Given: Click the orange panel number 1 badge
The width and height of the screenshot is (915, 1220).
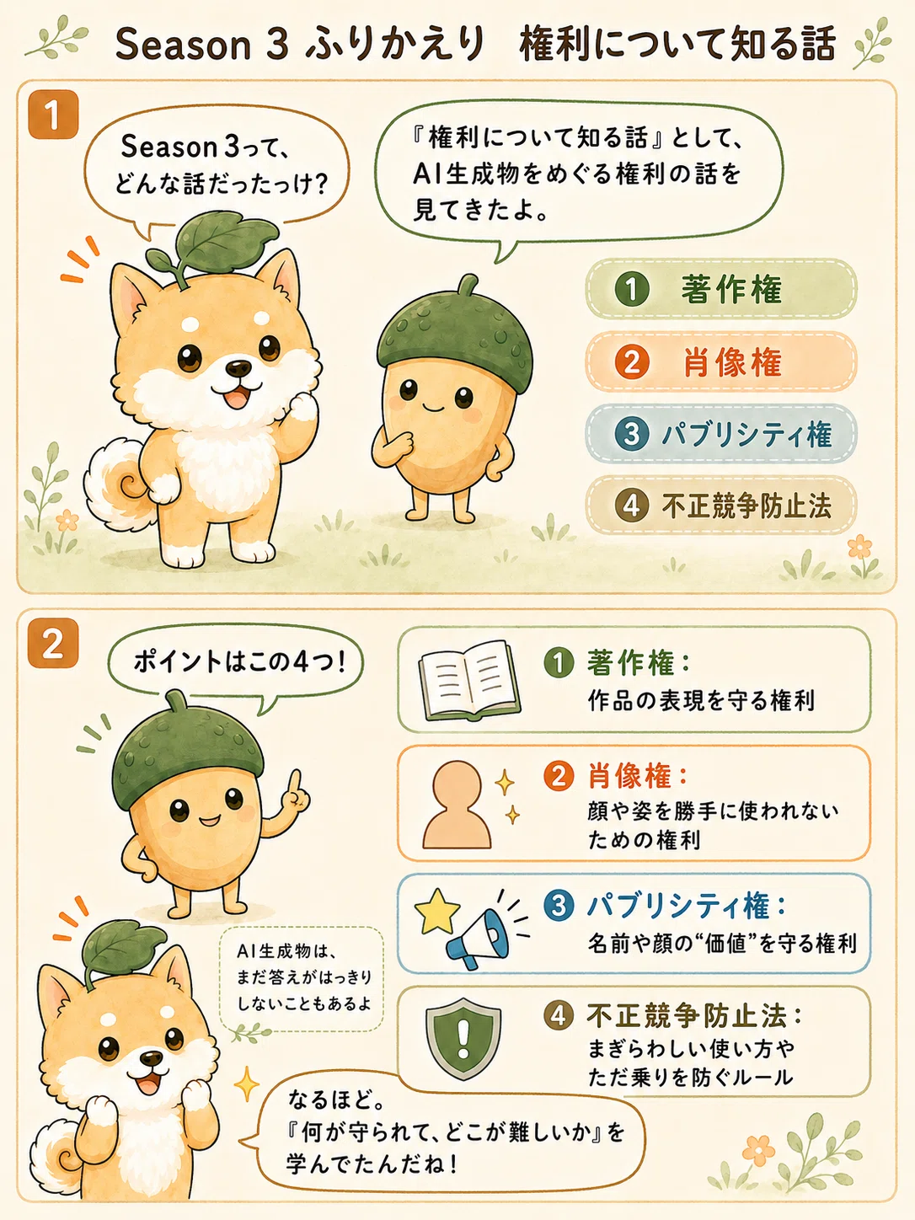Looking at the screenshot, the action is point(53,115).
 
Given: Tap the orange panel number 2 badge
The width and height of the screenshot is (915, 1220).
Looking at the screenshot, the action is point(53,643).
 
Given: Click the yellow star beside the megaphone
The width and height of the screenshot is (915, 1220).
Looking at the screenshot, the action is point(437,912).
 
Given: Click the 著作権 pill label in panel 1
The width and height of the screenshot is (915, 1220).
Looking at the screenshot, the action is point(721,289).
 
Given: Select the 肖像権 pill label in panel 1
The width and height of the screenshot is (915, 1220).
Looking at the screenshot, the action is point(721,361).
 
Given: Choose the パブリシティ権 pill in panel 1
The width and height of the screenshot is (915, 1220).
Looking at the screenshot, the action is point(721,434).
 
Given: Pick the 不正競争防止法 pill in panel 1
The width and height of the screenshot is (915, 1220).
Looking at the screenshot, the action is point(721,506).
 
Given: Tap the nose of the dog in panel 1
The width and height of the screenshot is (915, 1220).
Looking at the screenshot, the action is point(239,367).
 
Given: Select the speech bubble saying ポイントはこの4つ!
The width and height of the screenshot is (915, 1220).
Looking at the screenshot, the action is point(236,664).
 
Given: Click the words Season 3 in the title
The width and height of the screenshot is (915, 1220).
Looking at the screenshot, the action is point(202,44).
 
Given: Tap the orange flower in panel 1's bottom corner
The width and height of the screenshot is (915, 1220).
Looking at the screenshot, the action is point(859,547).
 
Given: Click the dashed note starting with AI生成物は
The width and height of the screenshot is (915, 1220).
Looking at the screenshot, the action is point(302,979).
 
